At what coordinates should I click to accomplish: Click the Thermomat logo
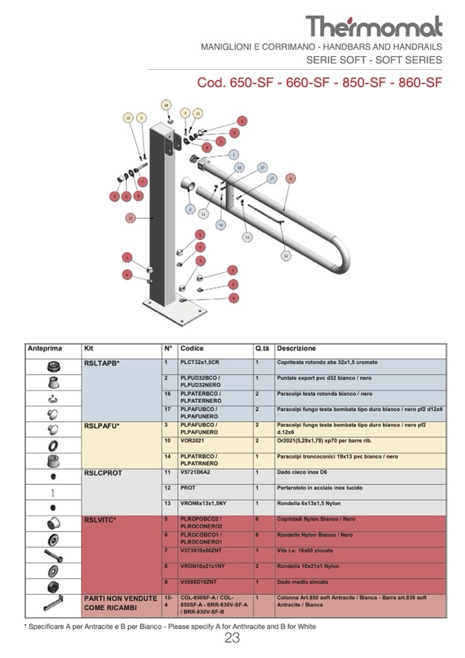tap(374, 27)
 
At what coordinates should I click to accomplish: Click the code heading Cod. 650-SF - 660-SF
tap(319, 83)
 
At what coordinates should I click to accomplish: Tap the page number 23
tap(232, 638)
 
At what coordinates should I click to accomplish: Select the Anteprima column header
tap(45, 349)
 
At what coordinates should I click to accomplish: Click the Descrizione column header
tap(296, 349)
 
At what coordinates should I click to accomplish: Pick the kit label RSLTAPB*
tap(102, 362)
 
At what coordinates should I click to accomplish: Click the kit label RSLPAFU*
tap(102, 425)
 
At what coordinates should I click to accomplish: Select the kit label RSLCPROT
tap(102, 473)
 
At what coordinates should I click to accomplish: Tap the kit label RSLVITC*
tap(100, 519)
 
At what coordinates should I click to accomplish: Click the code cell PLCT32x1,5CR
tap(200, 362)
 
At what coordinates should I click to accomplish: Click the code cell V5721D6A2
tap(196, 473)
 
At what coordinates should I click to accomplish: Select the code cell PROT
tap(188, 488)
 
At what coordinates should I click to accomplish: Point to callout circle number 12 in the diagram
tap(286, 255)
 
